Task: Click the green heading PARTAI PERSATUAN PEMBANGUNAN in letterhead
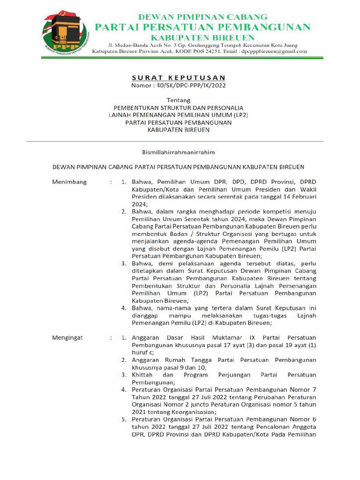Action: (202, 27)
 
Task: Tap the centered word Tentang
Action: (179, 100)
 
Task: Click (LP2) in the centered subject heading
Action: (241, 115)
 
